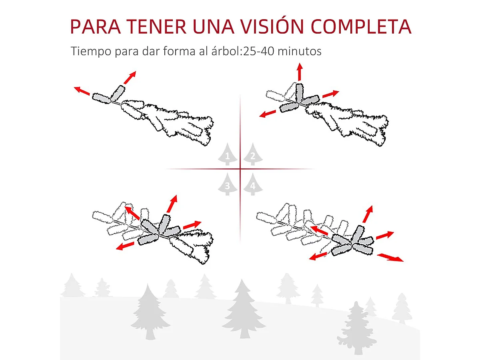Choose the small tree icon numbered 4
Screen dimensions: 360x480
click(x=252, y=185)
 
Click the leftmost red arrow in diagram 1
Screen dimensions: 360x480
click(x=82, y=91)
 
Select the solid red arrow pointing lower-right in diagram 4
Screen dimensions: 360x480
click(x=390, y=257)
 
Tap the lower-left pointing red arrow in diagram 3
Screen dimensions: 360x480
click(x=125, y=246)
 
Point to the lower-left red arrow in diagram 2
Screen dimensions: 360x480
click(x=268, y=113)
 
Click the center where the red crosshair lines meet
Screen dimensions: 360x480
click(x=240, y=169)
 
